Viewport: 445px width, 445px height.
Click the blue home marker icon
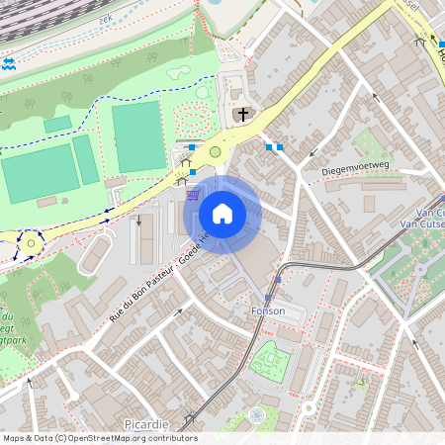pos(222,213)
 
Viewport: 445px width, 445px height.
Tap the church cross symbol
pos(242,116)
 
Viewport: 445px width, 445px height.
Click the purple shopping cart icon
pos(192,195)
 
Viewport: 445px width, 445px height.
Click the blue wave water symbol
pos(9,63)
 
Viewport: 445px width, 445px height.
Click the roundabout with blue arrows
pos(30,242)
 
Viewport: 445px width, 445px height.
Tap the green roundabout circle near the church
pos(215,151)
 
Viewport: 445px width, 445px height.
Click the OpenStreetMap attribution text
pos(99,438)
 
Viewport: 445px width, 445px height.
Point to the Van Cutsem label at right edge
pos(429,219)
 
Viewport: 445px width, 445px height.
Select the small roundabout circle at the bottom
pos(257,415)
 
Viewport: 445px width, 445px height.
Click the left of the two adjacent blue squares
pos(269,147)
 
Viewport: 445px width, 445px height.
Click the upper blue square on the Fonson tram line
pos(279,281)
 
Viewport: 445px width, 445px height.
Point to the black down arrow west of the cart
pos(139,220)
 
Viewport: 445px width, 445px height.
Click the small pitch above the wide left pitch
pos(57,124)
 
